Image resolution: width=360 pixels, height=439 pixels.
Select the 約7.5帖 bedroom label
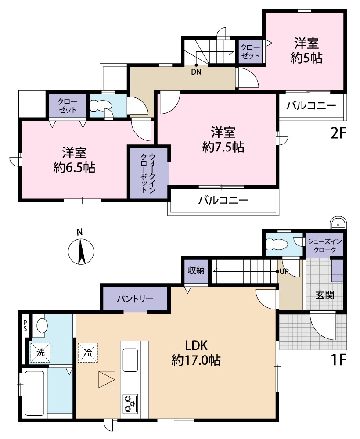click(x=223, y=139)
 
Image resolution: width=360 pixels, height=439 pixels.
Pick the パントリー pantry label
click(x=135, y=299)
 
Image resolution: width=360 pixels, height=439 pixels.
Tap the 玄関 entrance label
click(x=325, y=294)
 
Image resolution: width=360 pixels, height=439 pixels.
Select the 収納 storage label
click(x=197, y=271)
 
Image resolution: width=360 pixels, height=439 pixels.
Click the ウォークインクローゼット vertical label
click(x=148, y=173)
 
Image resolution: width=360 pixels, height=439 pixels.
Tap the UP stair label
click(x=285, y=272)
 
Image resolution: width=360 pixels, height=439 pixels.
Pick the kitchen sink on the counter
click(x=132, y=360)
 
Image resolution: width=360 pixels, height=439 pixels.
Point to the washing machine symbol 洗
click(x=40, y=352)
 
